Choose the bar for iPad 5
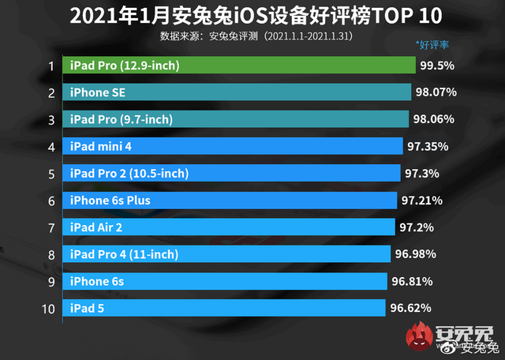click(224, 308)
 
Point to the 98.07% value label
click(436, 92)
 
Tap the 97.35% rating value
click(430, 146)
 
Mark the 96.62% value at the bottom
click(411, 308)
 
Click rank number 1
click(50, 66)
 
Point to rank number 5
click(50, 174)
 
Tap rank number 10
click(48, 308)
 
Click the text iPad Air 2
click(96, 227)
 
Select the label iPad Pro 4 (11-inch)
click(124, 254)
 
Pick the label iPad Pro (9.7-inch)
click(122, 119)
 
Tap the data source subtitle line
click(252, 36)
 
